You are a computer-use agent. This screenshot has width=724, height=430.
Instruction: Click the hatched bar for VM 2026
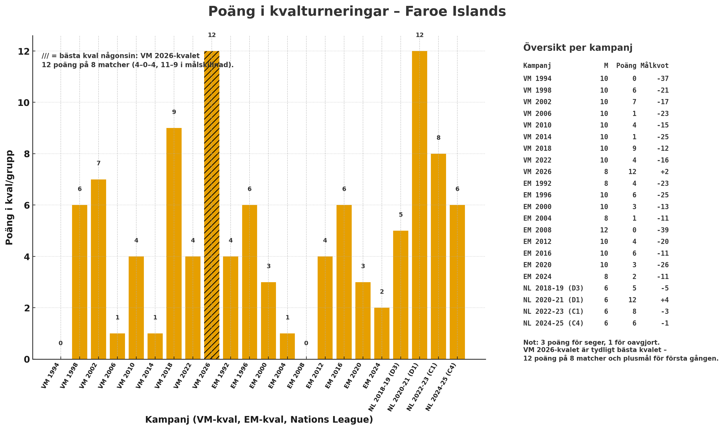(212, 205)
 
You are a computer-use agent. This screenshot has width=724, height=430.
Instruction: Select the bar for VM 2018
(174, 243)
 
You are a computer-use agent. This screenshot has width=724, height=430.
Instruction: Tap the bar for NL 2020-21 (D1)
(419, 205)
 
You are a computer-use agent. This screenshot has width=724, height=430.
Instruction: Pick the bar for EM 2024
(382, 333)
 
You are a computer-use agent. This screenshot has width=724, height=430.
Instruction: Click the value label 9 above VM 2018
(174, 112)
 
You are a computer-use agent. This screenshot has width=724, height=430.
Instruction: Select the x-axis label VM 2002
(88, 376)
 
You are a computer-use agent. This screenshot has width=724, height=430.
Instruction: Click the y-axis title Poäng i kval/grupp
(9, 197)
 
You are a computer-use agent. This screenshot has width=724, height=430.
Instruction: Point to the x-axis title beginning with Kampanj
(259, 419)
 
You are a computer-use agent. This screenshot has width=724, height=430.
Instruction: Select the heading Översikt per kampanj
(577, 48)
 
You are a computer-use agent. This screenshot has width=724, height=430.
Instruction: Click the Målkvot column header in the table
(654, 66)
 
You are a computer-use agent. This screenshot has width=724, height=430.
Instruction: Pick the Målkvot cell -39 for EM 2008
(662, 230)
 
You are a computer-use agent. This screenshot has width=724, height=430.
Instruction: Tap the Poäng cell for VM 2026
(632, 172)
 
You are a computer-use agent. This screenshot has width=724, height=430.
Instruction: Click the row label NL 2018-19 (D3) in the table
(553, 288)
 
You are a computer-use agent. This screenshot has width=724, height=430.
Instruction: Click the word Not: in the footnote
(531, 343)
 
